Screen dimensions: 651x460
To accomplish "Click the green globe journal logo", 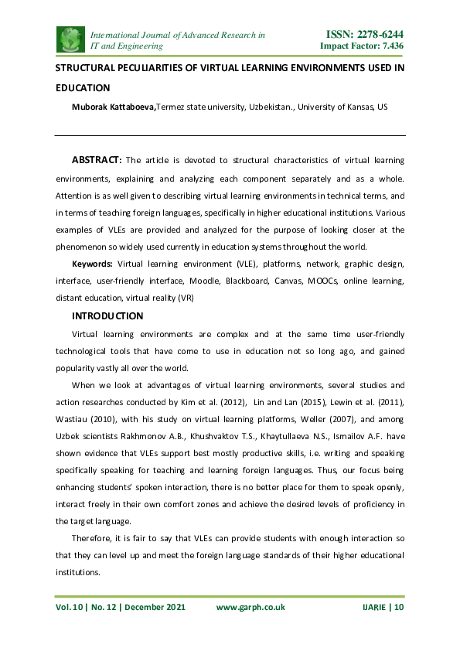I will [x=71, y=39].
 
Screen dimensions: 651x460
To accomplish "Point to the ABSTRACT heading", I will [x=97, y=160].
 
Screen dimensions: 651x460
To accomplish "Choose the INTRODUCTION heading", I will [x=107, y=315].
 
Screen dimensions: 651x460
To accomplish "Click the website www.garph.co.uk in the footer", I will [x=250, y=608].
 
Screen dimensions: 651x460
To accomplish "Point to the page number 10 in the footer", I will [x=399, y=608].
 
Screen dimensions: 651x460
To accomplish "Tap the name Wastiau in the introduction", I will [x=73, y=419].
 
